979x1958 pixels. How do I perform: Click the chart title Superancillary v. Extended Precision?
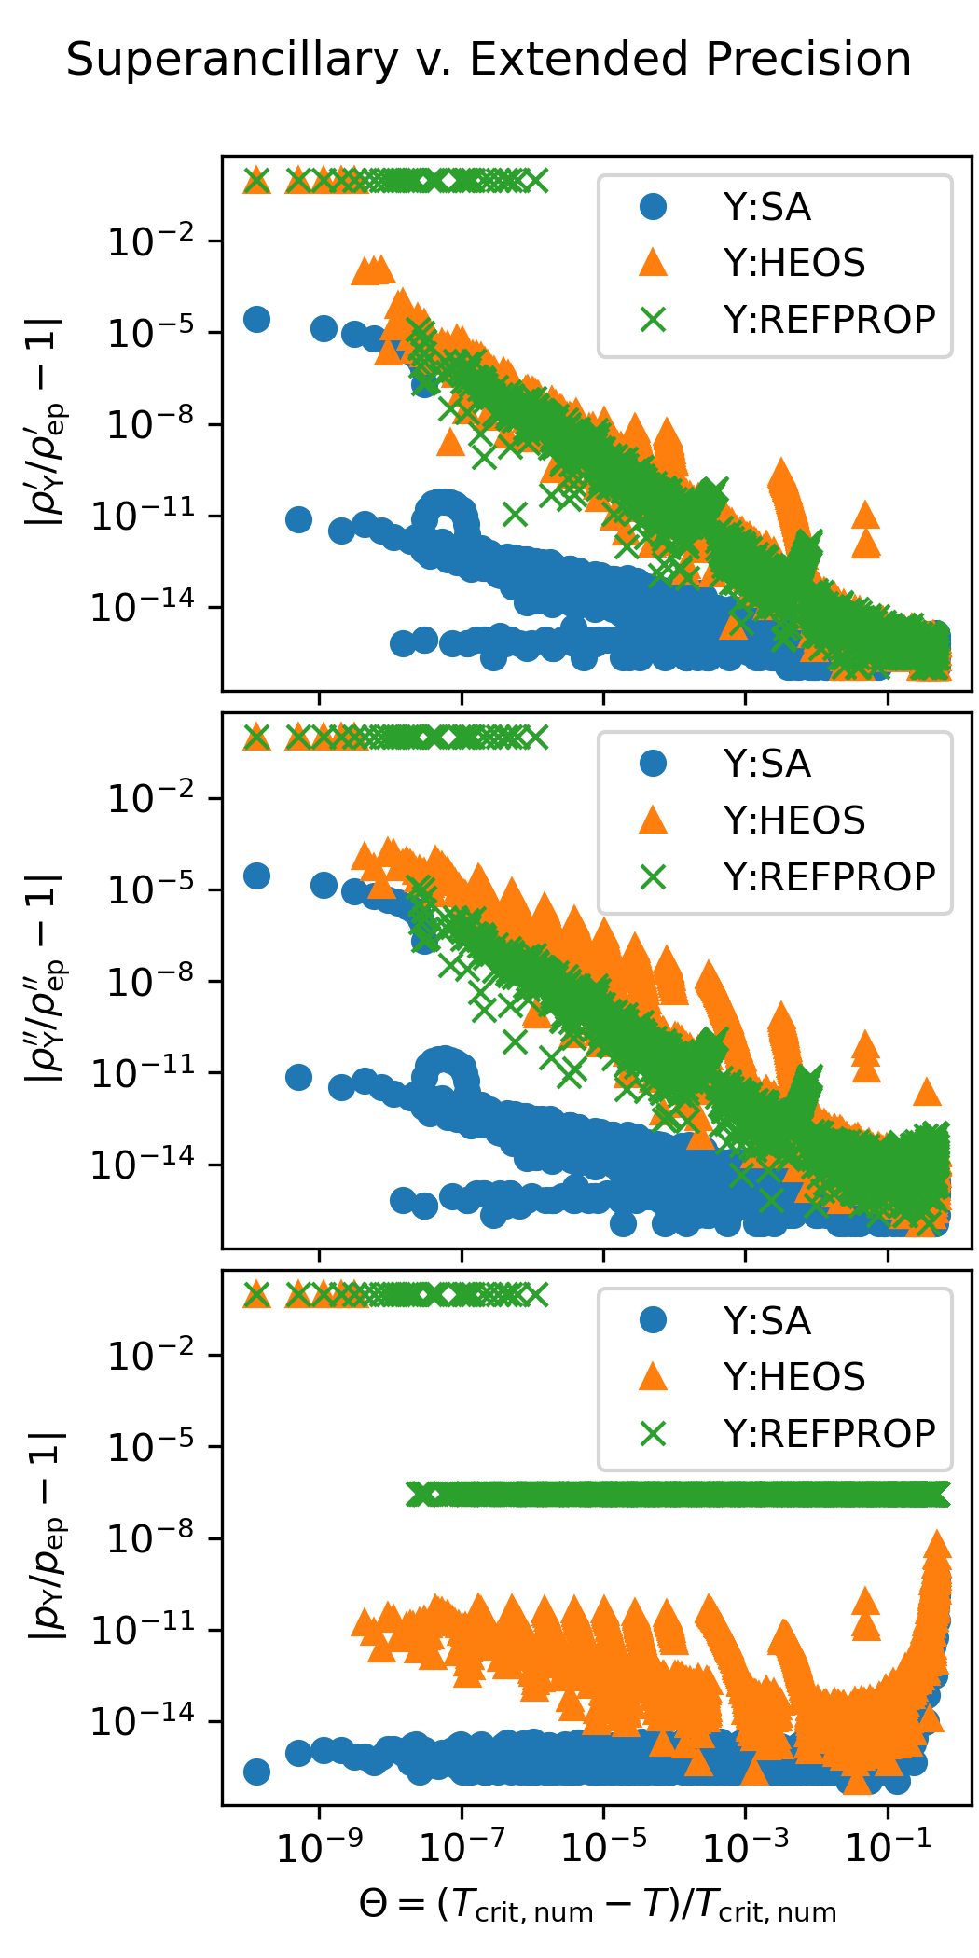point(489,60)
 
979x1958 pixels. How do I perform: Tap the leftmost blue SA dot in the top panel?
point(256,319)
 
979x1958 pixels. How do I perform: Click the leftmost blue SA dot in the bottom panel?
point(256,1772)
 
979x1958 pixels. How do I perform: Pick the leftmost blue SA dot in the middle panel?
point(256,876)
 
